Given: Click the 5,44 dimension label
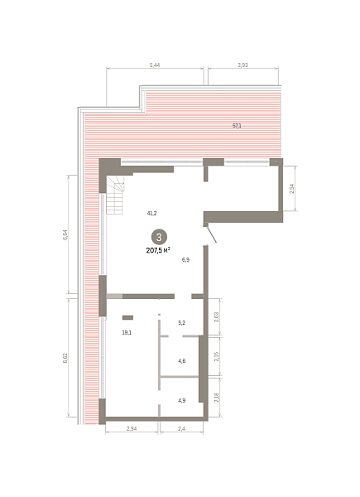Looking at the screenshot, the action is coord(155,65).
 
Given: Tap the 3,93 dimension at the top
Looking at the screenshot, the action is coord(242,65).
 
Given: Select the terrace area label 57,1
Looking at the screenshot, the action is coord(237,126).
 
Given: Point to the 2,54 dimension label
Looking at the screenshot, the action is coord(292,189).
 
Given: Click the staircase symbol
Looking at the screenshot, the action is coord(115,195).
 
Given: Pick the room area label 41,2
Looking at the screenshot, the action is coord(151,214).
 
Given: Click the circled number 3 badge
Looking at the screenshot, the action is coord(159,237).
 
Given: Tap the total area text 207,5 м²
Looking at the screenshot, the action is coord(158,250).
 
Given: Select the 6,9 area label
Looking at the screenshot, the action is coord(185,260).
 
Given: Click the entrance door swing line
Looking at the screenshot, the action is coord(211,235).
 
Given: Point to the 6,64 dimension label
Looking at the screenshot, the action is coord(65,235).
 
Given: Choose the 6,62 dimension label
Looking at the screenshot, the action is coord(65,358).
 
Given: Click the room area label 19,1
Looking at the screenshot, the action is coord(127,332).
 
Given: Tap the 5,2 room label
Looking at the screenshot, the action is coord(182,323).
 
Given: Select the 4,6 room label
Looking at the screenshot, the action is coord(182,361).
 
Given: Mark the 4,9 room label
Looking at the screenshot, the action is coord(182,401).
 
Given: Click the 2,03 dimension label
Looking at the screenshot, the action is coord(217,317).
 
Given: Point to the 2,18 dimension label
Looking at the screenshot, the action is coord(217,398).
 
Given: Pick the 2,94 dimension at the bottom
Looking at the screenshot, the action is coord(132,429).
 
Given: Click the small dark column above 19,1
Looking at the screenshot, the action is coord(128,317).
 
